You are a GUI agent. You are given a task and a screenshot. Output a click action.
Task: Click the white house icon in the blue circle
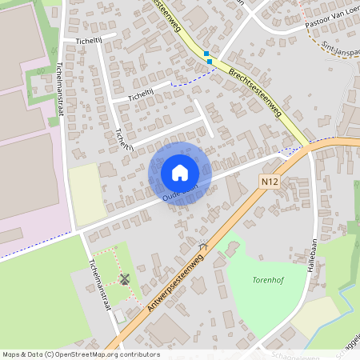pos(180,173)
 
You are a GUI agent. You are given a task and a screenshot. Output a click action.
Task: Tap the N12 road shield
pos(270,183)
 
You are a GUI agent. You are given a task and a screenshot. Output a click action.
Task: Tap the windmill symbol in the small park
pos(124,278)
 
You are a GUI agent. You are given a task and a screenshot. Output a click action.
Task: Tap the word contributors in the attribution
pos(137,354)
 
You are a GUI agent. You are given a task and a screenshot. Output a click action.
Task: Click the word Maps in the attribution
pos(12,354)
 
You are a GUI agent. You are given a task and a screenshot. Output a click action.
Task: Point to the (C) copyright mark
pos(50,354)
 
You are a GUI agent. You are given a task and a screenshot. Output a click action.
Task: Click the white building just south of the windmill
pos(119,317)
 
